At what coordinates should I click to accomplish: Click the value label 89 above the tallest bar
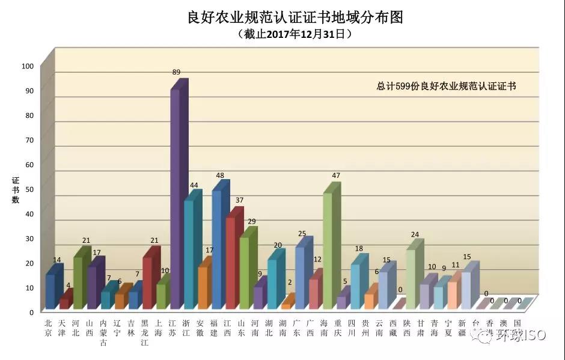pos(176,72)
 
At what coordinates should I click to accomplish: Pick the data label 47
pos(336,175)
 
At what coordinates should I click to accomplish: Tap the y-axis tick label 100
pos(28,66)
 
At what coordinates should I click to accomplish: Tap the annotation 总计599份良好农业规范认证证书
pos(447,87)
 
